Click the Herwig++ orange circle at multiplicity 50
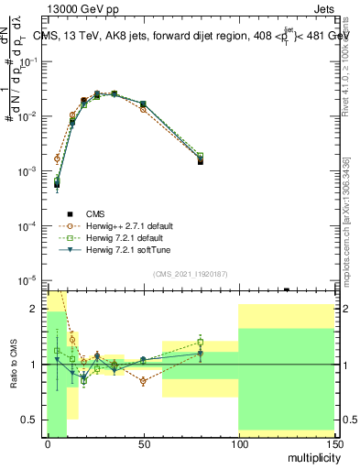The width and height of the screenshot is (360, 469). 143,109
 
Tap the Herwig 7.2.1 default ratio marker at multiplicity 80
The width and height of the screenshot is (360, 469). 201,343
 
